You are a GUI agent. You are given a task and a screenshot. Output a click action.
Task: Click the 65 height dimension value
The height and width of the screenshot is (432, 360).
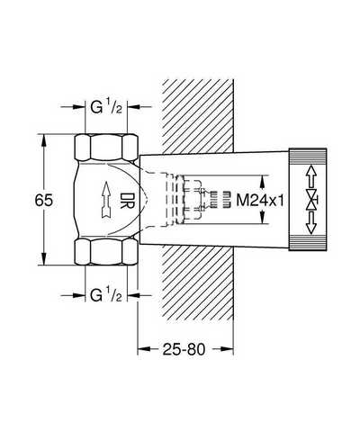point(44,200)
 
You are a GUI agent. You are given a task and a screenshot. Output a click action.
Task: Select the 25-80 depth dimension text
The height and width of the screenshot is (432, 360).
point(184,349)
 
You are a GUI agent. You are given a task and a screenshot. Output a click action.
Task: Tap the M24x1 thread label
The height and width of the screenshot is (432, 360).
point(260,200)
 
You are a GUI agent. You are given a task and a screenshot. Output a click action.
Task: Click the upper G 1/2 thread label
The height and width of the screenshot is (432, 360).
point(106,107)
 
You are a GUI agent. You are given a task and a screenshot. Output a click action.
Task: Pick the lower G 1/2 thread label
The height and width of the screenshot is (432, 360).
point(106,295)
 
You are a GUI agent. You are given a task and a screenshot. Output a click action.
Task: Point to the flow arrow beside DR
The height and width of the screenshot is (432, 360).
point(106,199)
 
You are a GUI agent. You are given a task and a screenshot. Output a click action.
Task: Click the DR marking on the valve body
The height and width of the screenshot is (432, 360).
point(128,200)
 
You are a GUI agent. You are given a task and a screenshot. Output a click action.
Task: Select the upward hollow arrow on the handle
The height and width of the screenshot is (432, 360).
point(311,176)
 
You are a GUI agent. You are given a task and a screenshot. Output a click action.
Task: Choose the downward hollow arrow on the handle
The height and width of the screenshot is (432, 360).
point(311,223)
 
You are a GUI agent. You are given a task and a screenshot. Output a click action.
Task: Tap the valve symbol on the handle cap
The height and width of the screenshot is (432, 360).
point(311,200)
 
